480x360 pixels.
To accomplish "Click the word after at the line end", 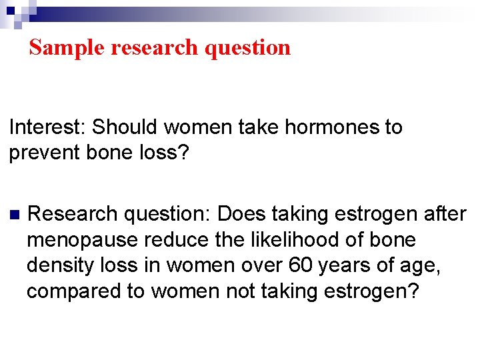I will (x=445, y=214).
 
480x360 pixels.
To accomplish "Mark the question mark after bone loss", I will (x=185, y=153).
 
